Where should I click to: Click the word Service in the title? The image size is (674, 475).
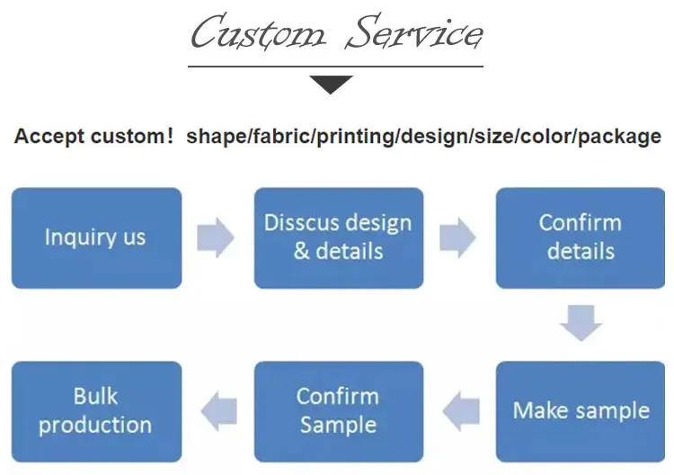pyautogui.click(x=415, y=34)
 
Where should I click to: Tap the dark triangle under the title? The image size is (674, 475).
pyautogui.click(x=332, y=85)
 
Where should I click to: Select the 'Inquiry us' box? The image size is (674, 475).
pyautogui.click(x=96, y=237)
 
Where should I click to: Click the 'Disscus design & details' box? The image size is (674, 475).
pyautogui.click(x=338, y=237)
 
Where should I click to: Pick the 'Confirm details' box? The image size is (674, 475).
pyautogui.click(x=580, y=237)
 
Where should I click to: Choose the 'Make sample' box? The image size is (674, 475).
pyautogui.click(x=581, y=411)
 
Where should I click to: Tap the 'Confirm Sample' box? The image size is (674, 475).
pyautogui.click(x=338, y=411)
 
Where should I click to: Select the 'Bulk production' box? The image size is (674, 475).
pyautogui.click(x=96, y=411)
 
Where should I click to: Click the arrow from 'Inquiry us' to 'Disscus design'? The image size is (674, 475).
pyautogui.click(x=216, y=237)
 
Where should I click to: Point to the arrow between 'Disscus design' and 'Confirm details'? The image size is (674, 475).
pyautogui.click(x=458, y=237)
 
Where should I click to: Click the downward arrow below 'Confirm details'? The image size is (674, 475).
pyautogui.click(x=580, y=322)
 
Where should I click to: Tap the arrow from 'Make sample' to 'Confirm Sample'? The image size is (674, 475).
pyautogui.click(x=463, y=411)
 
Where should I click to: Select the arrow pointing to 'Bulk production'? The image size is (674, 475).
pyautogui.click(x=218, y=411)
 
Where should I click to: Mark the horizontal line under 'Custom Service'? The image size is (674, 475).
pyautogui.click(x=334, y=66)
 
